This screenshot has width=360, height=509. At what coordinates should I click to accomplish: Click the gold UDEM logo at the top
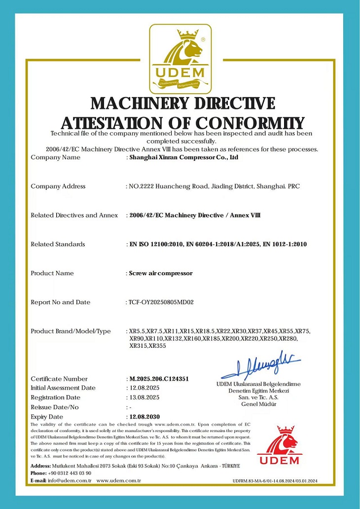pyautogui.click(x=180, y=58)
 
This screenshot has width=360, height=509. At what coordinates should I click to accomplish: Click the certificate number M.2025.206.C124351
pyautogui.click(x=159, y=379)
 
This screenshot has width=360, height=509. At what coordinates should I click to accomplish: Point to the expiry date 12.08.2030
pyautogui.click(x=144, y=417)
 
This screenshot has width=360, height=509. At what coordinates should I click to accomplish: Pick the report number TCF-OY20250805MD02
pyautogui.click(x=161, y=302)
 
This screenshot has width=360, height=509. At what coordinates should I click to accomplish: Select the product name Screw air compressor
pyautogui.click(x=161, y=273)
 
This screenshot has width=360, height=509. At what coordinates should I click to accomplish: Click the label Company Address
pyautogui.click(x=58, y=186)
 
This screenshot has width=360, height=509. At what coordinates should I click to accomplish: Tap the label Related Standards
pyautogui.click(x=58, y=244)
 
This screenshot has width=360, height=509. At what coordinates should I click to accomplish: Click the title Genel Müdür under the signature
pyautogui.click(x=259, y=404)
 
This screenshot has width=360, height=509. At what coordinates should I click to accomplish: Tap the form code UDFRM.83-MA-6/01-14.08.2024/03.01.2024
pyautogui.click(x=275, y=481)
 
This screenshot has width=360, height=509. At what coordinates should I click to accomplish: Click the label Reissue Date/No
pyautogui.click(x=55, y=407)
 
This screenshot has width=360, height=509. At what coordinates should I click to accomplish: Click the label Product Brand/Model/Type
pyautogui.click(x=71, y=331)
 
